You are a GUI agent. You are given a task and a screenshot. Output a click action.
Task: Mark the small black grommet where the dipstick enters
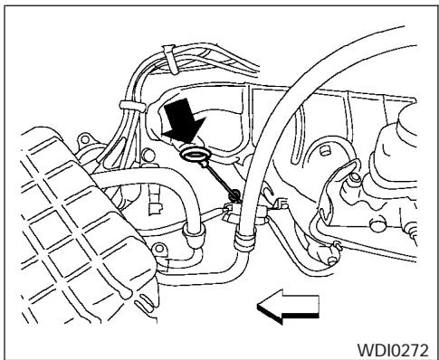(235, 194)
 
